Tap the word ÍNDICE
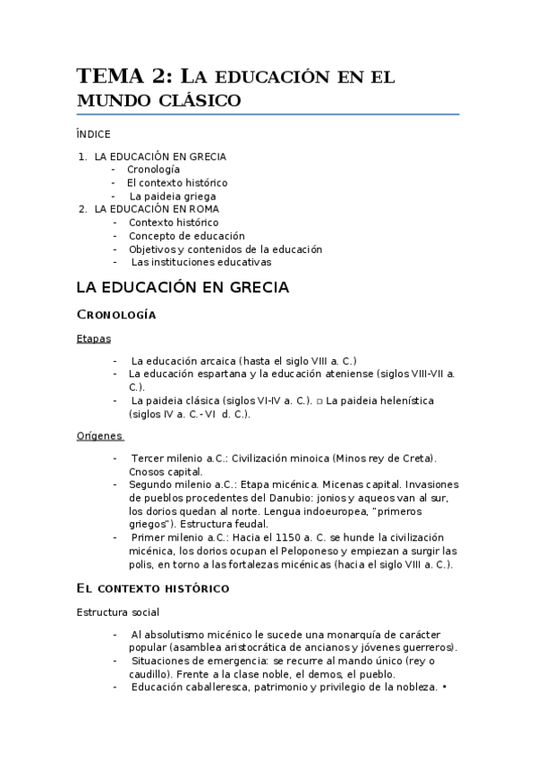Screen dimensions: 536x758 93,134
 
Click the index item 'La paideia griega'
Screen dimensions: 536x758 173,196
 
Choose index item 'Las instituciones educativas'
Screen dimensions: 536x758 201,263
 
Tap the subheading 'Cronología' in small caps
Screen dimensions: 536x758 117,315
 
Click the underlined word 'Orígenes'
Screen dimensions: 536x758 98,436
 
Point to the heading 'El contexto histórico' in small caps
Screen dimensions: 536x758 153,588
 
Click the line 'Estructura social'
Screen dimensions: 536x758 118,612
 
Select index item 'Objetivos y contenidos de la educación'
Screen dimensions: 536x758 225,249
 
